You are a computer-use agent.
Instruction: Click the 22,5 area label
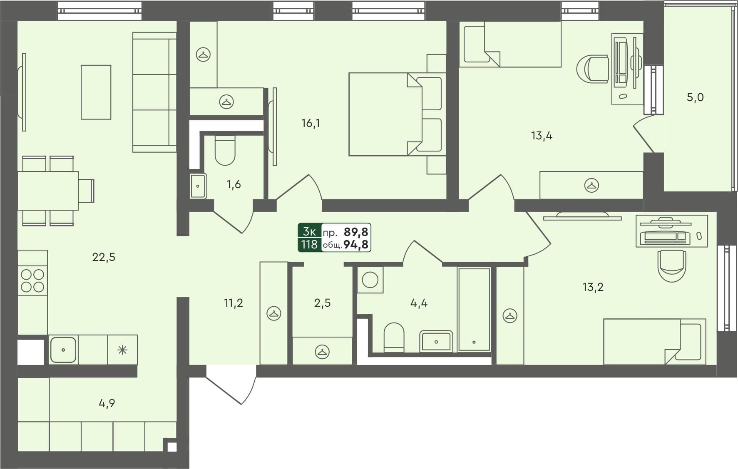point(104,257)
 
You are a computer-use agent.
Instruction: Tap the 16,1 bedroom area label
point(311,123)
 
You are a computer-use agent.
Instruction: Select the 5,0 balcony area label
point(695,97)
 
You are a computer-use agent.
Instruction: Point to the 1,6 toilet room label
point(234,184)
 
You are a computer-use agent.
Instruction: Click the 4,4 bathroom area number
point(419,303)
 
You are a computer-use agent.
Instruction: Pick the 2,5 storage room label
point(322,303)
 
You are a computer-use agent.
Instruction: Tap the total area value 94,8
point(356,245)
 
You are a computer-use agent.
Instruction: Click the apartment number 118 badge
point(309,244)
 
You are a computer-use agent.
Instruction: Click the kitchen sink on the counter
point(63,350)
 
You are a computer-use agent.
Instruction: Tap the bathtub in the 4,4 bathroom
point(474,310)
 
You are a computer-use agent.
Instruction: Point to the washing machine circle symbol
point(370,280)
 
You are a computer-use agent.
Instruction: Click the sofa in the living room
point(154,92)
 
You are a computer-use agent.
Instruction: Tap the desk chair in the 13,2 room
point(671,266)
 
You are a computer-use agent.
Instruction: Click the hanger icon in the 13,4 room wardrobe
point(591,186)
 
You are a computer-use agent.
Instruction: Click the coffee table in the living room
point(96,92)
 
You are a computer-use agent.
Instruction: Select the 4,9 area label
point(107,403)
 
